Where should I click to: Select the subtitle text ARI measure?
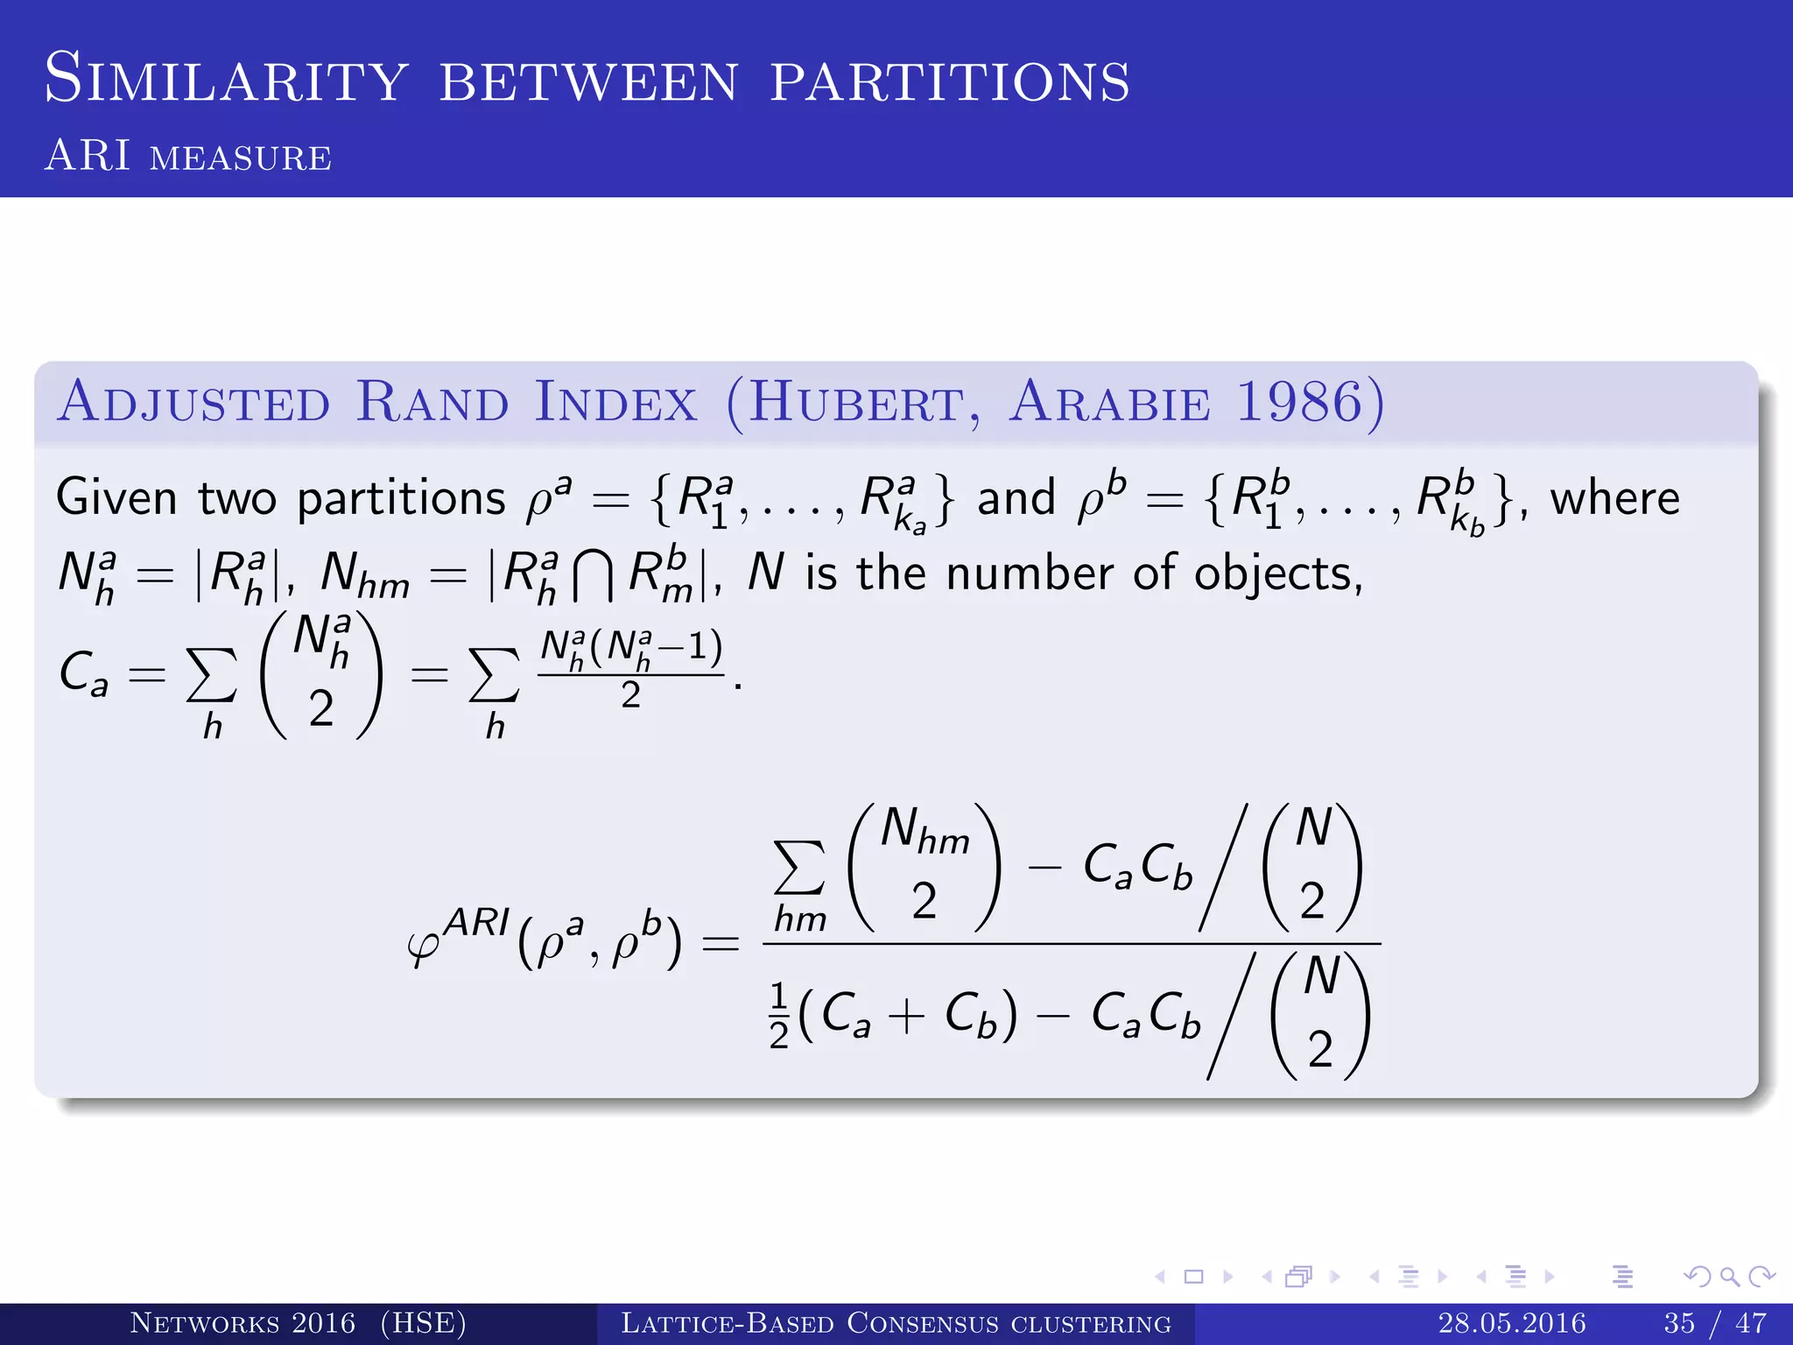(x=188, y=156)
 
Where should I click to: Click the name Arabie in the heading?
(x=1110, y=402)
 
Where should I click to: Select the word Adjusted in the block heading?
(x=194, y=402)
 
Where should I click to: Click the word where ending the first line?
(x=1614, y=497)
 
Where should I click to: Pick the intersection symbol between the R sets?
(x=593, y=578)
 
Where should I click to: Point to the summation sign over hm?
(x=798, y=867)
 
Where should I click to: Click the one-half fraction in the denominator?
(x=778, y=1016)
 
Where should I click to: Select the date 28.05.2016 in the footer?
(x=1511, y=1322)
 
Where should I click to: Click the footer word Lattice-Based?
(x=727, y=1322)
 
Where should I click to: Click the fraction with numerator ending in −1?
(x=630, y=670)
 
